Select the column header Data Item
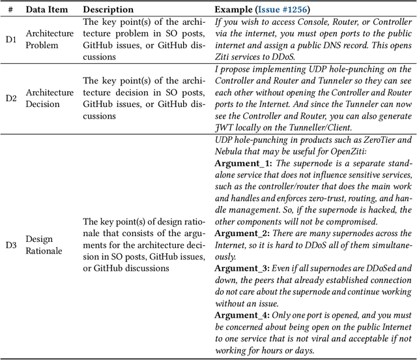click(48, 10)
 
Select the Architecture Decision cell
click(50, 98)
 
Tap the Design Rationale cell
click(44, 245)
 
